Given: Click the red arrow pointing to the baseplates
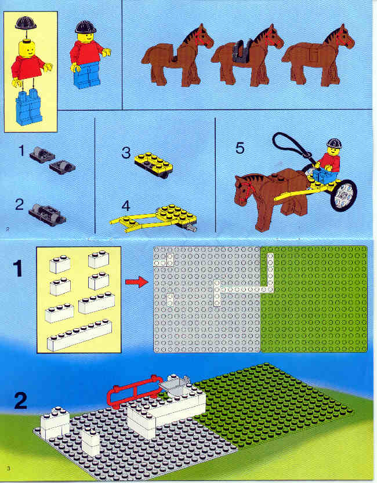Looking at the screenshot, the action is pos(137,282).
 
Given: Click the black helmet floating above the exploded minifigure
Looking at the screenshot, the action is pos(26,23).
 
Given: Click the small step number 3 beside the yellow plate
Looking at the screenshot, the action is pos(126,153).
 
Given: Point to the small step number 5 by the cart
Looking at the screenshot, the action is pos(240,148).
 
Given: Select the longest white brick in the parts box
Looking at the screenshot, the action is pos(79,336).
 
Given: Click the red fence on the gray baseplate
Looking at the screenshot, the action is pos(133,391).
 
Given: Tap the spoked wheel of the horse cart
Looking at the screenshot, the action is pos(344,195).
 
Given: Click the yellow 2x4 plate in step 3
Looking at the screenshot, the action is pos(154,164).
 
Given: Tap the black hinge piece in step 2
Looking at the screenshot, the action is pos(47,214).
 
